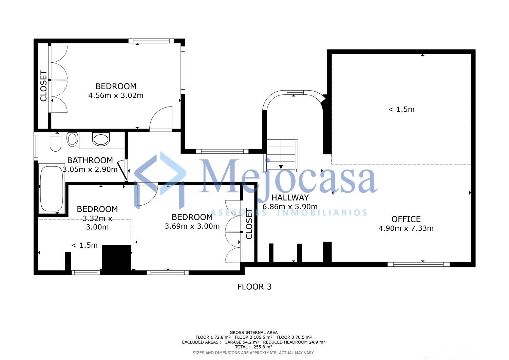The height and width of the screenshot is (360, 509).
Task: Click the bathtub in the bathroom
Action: click(x=52, y=189)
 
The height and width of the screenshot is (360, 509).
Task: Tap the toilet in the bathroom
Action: click(x=55, y=142)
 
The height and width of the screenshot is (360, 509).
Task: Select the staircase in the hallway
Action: click(x=281, y=155)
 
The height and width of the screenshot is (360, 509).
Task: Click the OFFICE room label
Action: click(x=406, y=219)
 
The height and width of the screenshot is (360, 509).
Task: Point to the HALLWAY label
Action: click(x=290, y=197)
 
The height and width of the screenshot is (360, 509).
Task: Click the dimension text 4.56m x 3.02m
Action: click(x=116, y=95)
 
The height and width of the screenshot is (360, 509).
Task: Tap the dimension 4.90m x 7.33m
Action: click(x=406, y=228)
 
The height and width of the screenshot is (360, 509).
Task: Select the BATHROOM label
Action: click(x=90, y=160)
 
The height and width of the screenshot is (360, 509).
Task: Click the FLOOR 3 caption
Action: click(x=254, y=287)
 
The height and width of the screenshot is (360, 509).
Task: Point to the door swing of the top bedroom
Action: click(x=161, y=119)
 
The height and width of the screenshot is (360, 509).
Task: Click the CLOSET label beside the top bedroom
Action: click(x=43, y=86)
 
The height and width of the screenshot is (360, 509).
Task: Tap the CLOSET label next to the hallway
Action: click(x=249, y=224)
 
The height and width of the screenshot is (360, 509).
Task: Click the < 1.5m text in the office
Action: click(x=401, y=109)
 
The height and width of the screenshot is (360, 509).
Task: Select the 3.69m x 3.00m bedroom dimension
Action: click(x=192, y=226)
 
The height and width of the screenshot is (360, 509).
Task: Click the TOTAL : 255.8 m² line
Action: click(x=253, y=347)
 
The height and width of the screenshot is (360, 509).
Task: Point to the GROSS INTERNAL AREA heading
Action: click(x=253, y=332)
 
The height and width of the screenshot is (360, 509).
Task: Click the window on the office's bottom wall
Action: click(x=418, y=264)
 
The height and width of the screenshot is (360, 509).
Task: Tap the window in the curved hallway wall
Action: click(x=295, y=92)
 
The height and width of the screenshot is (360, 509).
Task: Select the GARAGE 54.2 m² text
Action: click(x=242, y=342)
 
